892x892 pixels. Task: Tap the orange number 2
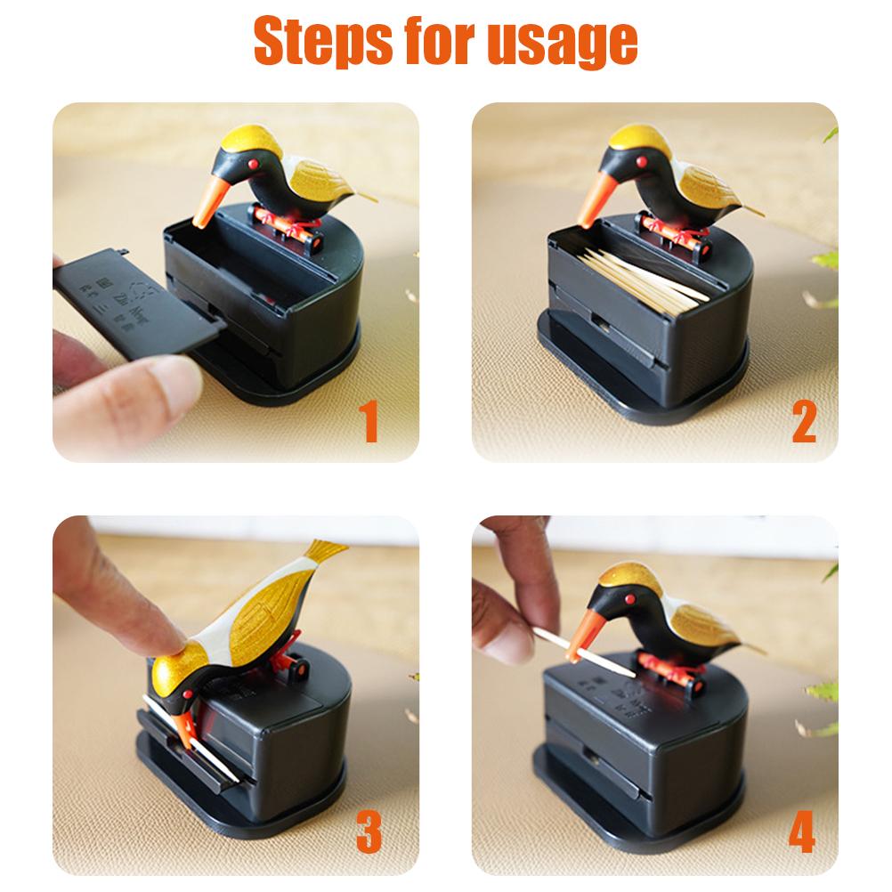pos(803,424)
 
